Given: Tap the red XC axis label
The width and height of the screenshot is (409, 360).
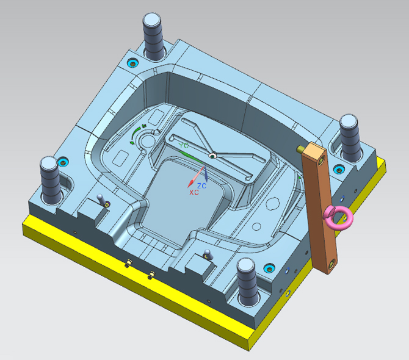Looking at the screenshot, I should coord(194,192).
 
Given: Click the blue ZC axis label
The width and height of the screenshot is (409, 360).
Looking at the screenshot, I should coord(201,185).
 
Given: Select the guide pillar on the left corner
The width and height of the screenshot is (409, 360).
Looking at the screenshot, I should coord(50,178).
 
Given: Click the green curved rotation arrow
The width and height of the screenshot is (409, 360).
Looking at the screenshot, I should coord(136,132).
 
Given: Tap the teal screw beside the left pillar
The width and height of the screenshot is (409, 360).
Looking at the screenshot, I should coord(62,162).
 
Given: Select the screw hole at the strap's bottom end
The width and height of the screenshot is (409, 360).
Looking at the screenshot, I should coord(331,264).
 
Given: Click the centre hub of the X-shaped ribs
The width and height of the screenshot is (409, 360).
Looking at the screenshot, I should coord(212,156).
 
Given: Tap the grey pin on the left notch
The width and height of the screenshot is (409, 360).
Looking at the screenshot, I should coord(101,199).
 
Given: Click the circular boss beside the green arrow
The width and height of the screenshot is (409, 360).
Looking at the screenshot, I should coord(147,141).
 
